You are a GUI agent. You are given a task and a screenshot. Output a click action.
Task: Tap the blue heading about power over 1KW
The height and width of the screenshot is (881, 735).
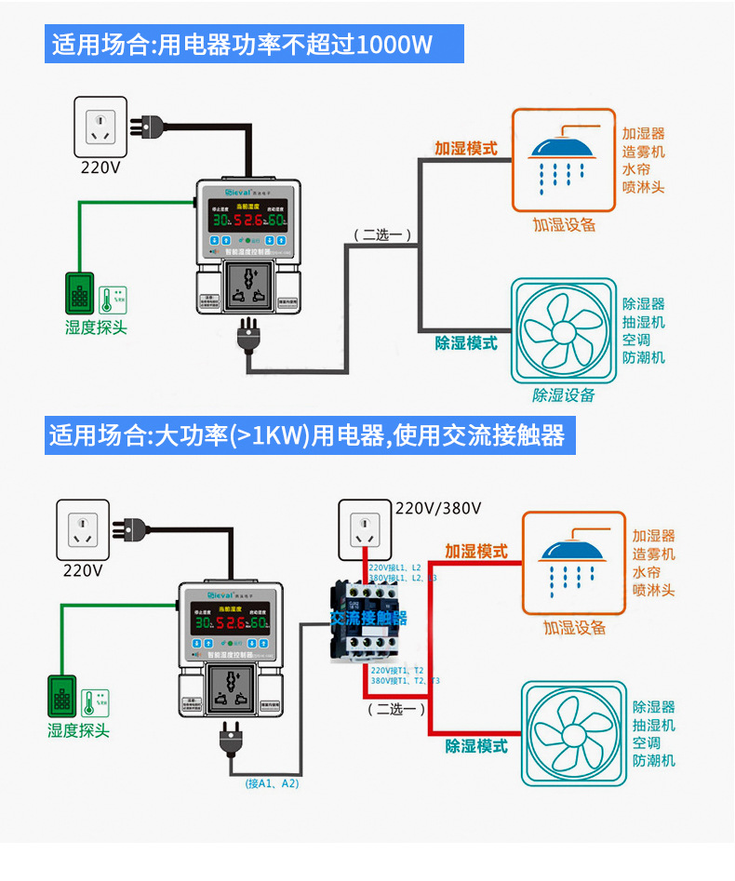click(307, 434)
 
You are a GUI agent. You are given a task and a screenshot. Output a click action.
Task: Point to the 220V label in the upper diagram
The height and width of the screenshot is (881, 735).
click(100, 168)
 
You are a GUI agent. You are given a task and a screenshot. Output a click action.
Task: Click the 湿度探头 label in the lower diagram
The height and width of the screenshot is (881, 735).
click(78, 730)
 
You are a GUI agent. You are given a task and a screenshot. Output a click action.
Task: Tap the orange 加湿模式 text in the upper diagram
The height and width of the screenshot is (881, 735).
click(465, 148)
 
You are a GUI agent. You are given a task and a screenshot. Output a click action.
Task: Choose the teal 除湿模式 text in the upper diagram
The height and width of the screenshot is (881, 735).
click(466, 343)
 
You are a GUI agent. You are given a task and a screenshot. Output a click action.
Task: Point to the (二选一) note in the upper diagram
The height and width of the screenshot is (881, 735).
click(381, 234)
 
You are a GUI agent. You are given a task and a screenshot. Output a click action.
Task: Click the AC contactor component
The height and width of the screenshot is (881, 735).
click(368, 617)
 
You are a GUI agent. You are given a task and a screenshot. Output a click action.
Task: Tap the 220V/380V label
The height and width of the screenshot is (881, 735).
click(438, 508)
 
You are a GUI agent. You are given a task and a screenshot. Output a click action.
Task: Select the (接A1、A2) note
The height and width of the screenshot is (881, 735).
click(273, 783)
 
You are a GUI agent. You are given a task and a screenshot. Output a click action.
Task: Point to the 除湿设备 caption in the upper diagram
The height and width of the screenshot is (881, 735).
click(564, 394)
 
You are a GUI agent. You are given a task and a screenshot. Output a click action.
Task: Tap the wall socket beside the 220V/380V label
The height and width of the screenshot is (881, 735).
click(364, 527)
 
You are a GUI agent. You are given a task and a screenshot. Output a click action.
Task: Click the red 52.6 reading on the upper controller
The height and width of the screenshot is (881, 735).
click(247, 220)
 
